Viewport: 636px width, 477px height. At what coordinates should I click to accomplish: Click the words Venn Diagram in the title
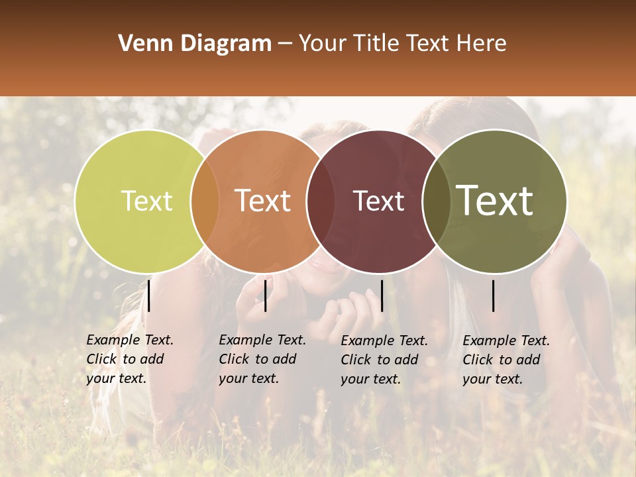click(195, 44)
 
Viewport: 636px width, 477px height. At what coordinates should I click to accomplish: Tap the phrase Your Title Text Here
click(402, 44)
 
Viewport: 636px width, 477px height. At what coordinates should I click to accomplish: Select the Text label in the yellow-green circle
click(146, 201)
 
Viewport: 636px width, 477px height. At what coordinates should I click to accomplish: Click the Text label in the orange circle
click(262, 201)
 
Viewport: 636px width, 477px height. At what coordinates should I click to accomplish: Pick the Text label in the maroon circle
click(378, 201)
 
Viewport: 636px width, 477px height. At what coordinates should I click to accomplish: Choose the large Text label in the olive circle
click(494, 201)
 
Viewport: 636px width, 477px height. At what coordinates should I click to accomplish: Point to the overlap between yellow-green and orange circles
click(205, 201)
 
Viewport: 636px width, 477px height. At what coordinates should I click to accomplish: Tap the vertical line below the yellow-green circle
click(149, 295)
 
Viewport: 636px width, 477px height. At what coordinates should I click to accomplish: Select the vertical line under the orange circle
click(265, 295)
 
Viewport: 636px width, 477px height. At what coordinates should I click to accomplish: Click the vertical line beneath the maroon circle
click(382, 295)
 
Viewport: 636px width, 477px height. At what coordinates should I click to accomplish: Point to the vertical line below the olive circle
click(494, 295)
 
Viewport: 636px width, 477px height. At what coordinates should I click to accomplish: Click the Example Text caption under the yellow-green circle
click(129, 359)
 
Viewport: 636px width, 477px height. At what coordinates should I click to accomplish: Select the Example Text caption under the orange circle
click(262, 359)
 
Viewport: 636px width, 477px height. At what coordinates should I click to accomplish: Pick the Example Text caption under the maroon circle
click(384, 360)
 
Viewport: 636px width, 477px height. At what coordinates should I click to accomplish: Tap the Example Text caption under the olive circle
click(505, 360)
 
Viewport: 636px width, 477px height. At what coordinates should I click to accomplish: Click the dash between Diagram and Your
click(285, 44)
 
